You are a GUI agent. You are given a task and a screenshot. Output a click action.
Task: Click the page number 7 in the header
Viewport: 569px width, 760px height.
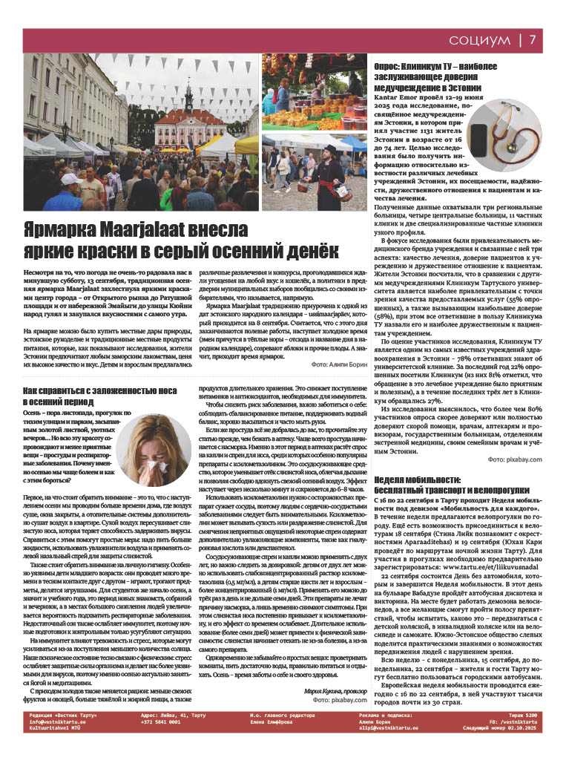tap(543, 39)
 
